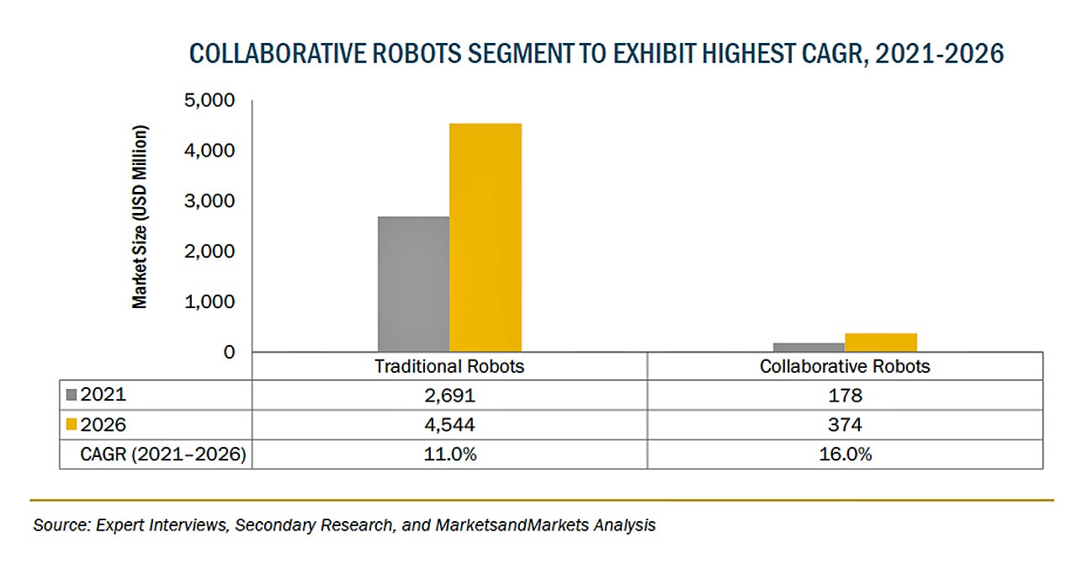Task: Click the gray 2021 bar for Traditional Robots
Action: (x=413, y=284)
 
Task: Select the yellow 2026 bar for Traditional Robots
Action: (x=485, y=237)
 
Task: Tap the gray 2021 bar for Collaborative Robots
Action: (x=808, y=347)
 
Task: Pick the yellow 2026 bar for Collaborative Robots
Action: (x=880, y=342)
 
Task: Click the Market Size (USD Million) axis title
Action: (x=140, y=217)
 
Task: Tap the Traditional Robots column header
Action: (x=449, y=366)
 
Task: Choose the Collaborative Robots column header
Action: (x=845, y=366)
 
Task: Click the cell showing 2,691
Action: (x=449, y=394)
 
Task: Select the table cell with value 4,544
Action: (x=449, y=424)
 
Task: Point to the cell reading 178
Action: (x=845, y=394)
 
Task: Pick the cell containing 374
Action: (x=845, y=424)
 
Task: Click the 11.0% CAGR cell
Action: (x=449, y=455)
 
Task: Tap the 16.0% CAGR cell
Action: (x=845, y=455)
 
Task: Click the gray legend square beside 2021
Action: (x=71, y=394)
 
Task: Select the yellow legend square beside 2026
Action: (x=71, y=424)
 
